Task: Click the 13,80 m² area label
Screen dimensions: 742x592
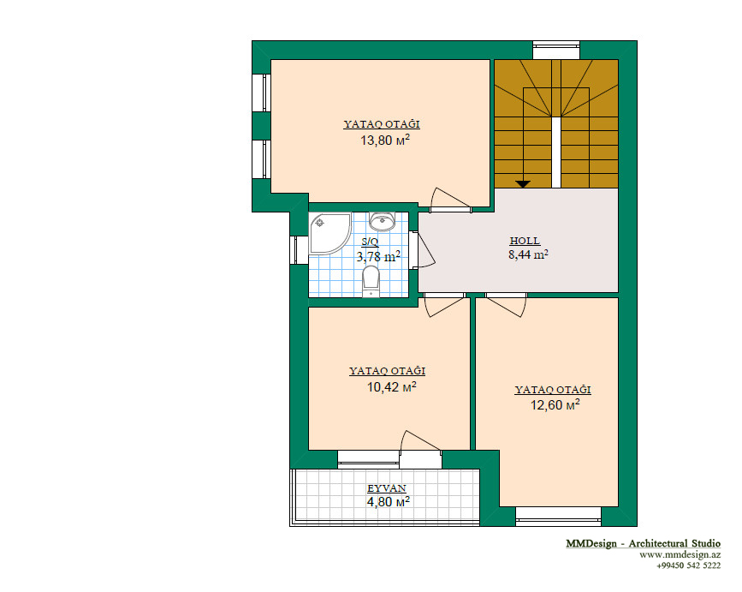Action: [x=385, y=140]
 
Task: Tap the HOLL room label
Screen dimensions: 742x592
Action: [x=525, y=241]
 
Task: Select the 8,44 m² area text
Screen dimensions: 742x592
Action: [x=528, y=254]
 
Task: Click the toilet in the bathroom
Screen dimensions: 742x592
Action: [x=371, y=281]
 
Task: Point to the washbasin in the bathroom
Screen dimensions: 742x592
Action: [x=382, y=221]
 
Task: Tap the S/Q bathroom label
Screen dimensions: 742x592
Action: [x=370, y=242]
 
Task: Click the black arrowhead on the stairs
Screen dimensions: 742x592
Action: [x=523, y=184]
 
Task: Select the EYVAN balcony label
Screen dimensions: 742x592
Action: [x=387, y=488]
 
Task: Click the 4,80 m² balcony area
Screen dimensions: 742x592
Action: [x=388, y=501]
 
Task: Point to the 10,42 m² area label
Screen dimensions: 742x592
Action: [x=391, y=387]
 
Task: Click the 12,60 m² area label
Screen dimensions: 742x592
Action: [x=555, y=405]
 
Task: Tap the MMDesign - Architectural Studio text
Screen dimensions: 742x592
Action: [x=643, y=543]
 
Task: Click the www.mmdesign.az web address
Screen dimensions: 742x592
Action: [x=680, y=554]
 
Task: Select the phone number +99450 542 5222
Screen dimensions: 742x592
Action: [x=689, y=565]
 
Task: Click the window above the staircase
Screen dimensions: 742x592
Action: [x=556, y=50]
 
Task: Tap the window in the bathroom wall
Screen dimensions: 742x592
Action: [x=299, y=249]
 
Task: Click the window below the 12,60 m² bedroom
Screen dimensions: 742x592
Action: [x=558, y=517]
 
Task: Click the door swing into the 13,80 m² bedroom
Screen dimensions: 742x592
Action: [x=451, y=199]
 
